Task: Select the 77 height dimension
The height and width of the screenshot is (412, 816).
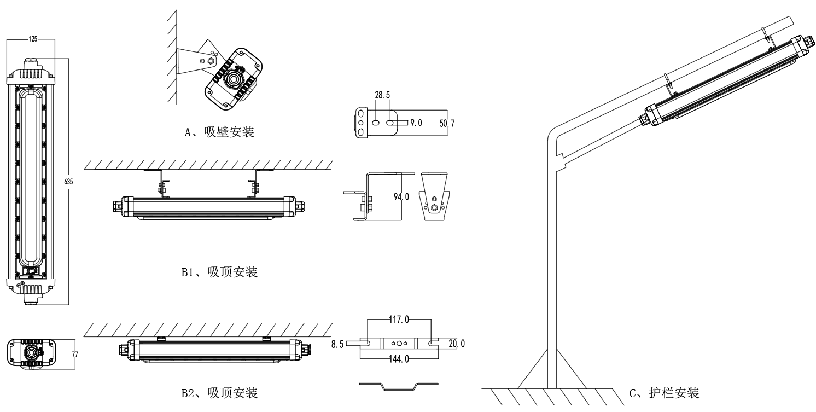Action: [75, 354]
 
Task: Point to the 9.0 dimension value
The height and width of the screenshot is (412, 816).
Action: [417, 124]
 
